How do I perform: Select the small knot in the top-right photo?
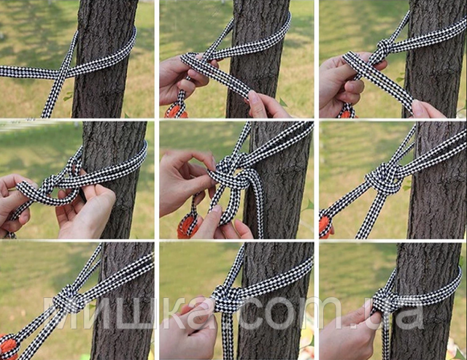pyautogui.click(x=384, y=48)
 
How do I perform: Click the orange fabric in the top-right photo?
pyautogui.click(x=347, y=115)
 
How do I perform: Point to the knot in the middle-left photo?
pyautogui.click(x=50, y=184)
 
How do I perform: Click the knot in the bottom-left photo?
pyautogui.click(x=67, y=299)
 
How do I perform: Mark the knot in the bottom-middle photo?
pyautogui.click(x=225, y=299)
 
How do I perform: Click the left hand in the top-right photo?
pyautogui.click(x=342, y=84)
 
